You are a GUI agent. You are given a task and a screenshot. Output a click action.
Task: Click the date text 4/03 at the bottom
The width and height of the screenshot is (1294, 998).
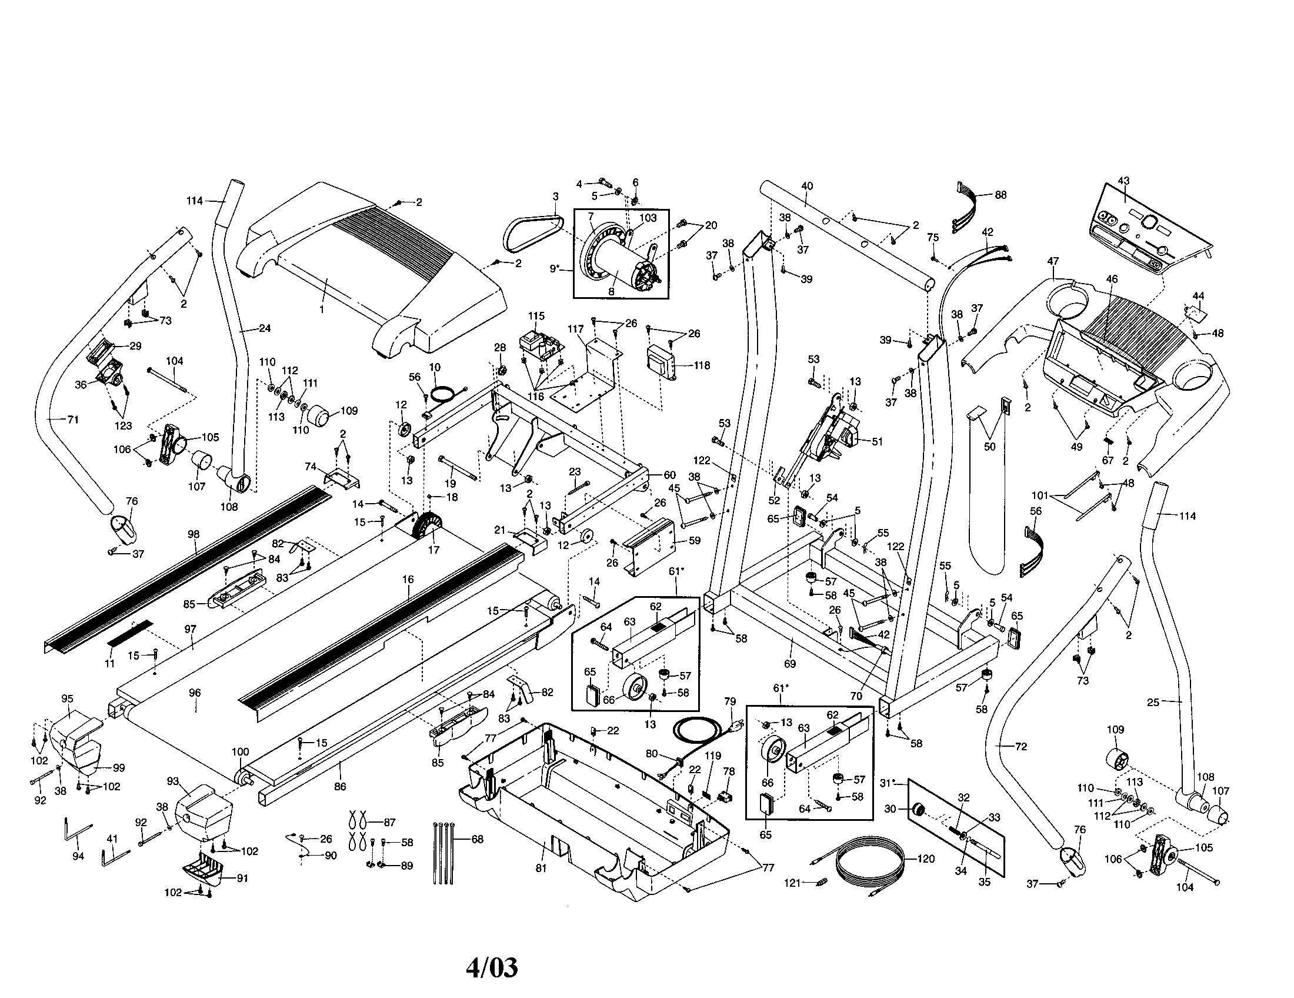tap(492, 968)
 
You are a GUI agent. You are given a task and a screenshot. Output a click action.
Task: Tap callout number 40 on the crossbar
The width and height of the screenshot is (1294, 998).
tap(807, 185)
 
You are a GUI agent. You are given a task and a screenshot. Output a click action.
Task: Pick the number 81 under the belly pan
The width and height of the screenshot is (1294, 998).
tap(541, 867)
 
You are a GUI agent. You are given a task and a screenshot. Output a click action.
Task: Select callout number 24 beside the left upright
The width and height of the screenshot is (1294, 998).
tap(265, 328)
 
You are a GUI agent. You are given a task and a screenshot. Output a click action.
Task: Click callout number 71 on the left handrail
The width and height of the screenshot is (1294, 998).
tap(73, 420)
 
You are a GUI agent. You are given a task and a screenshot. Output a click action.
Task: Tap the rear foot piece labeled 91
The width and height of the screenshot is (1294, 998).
tap(205, 871)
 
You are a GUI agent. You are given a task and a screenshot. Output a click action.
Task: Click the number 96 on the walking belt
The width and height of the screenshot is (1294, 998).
tap(194, 692)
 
